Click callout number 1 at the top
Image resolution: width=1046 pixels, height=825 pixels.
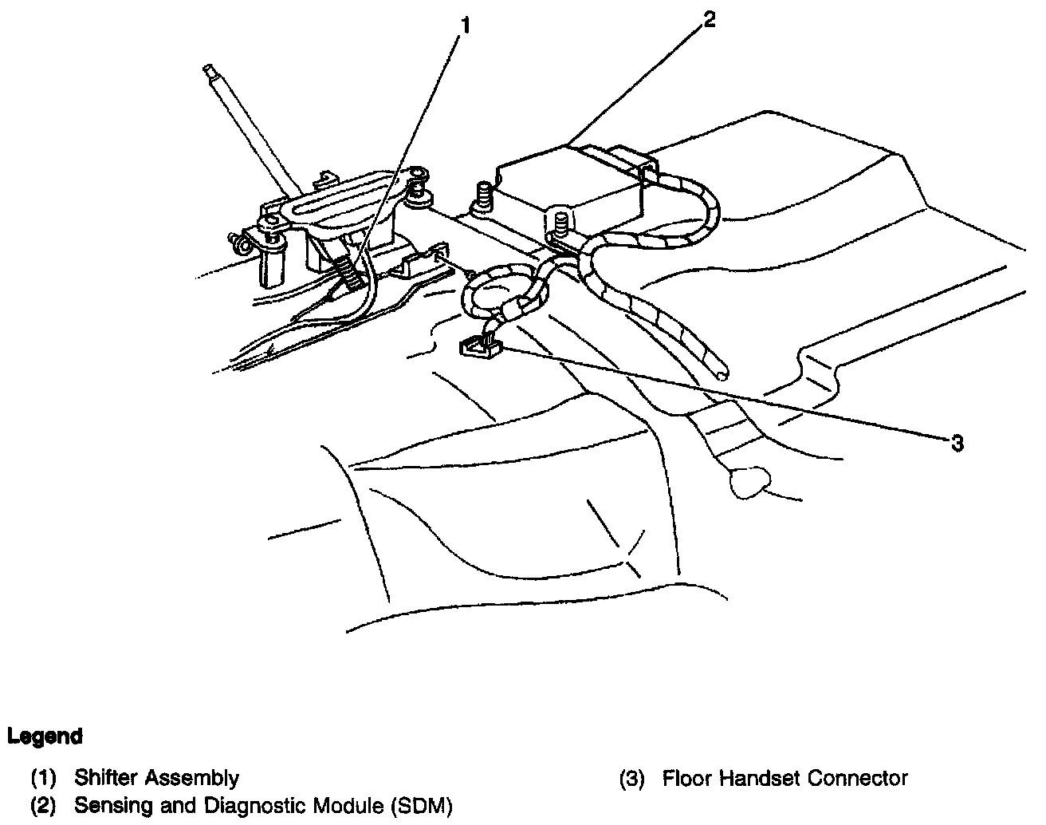[465, 26]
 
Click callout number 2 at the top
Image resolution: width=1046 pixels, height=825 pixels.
[709, 20]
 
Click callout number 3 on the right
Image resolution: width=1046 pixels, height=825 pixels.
[957, 443]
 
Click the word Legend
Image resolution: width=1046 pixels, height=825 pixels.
[45, 736]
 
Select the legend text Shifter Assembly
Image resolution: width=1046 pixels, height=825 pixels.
[156, 777]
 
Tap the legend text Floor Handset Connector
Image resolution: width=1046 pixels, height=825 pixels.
[784, 777]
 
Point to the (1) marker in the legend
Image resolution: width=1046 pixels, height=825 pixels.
[44, 777]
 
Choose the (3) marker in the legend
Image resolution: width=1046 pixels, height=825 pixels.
[631, 777]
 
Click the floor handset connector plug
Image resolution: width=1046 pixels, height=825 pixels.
[478, 345]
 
